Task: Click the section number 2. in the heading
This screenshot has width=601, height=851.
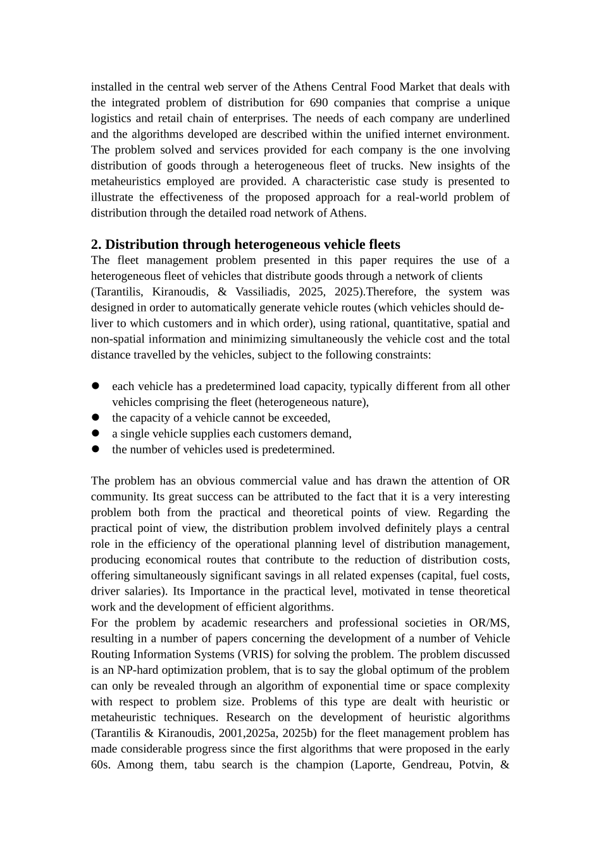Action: click(96, 244)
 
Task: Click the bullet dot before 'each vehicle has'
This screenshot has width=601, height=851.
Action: click(96, 386)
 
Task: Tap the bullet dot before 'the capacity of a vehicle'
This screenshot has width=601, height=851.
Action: click(96, 417)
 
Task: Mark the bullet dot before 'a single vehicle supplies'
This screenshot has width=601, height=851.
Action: click(96, 433)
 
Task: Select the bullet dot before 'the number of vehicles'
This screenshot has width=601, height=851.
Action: click(96, 449)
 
